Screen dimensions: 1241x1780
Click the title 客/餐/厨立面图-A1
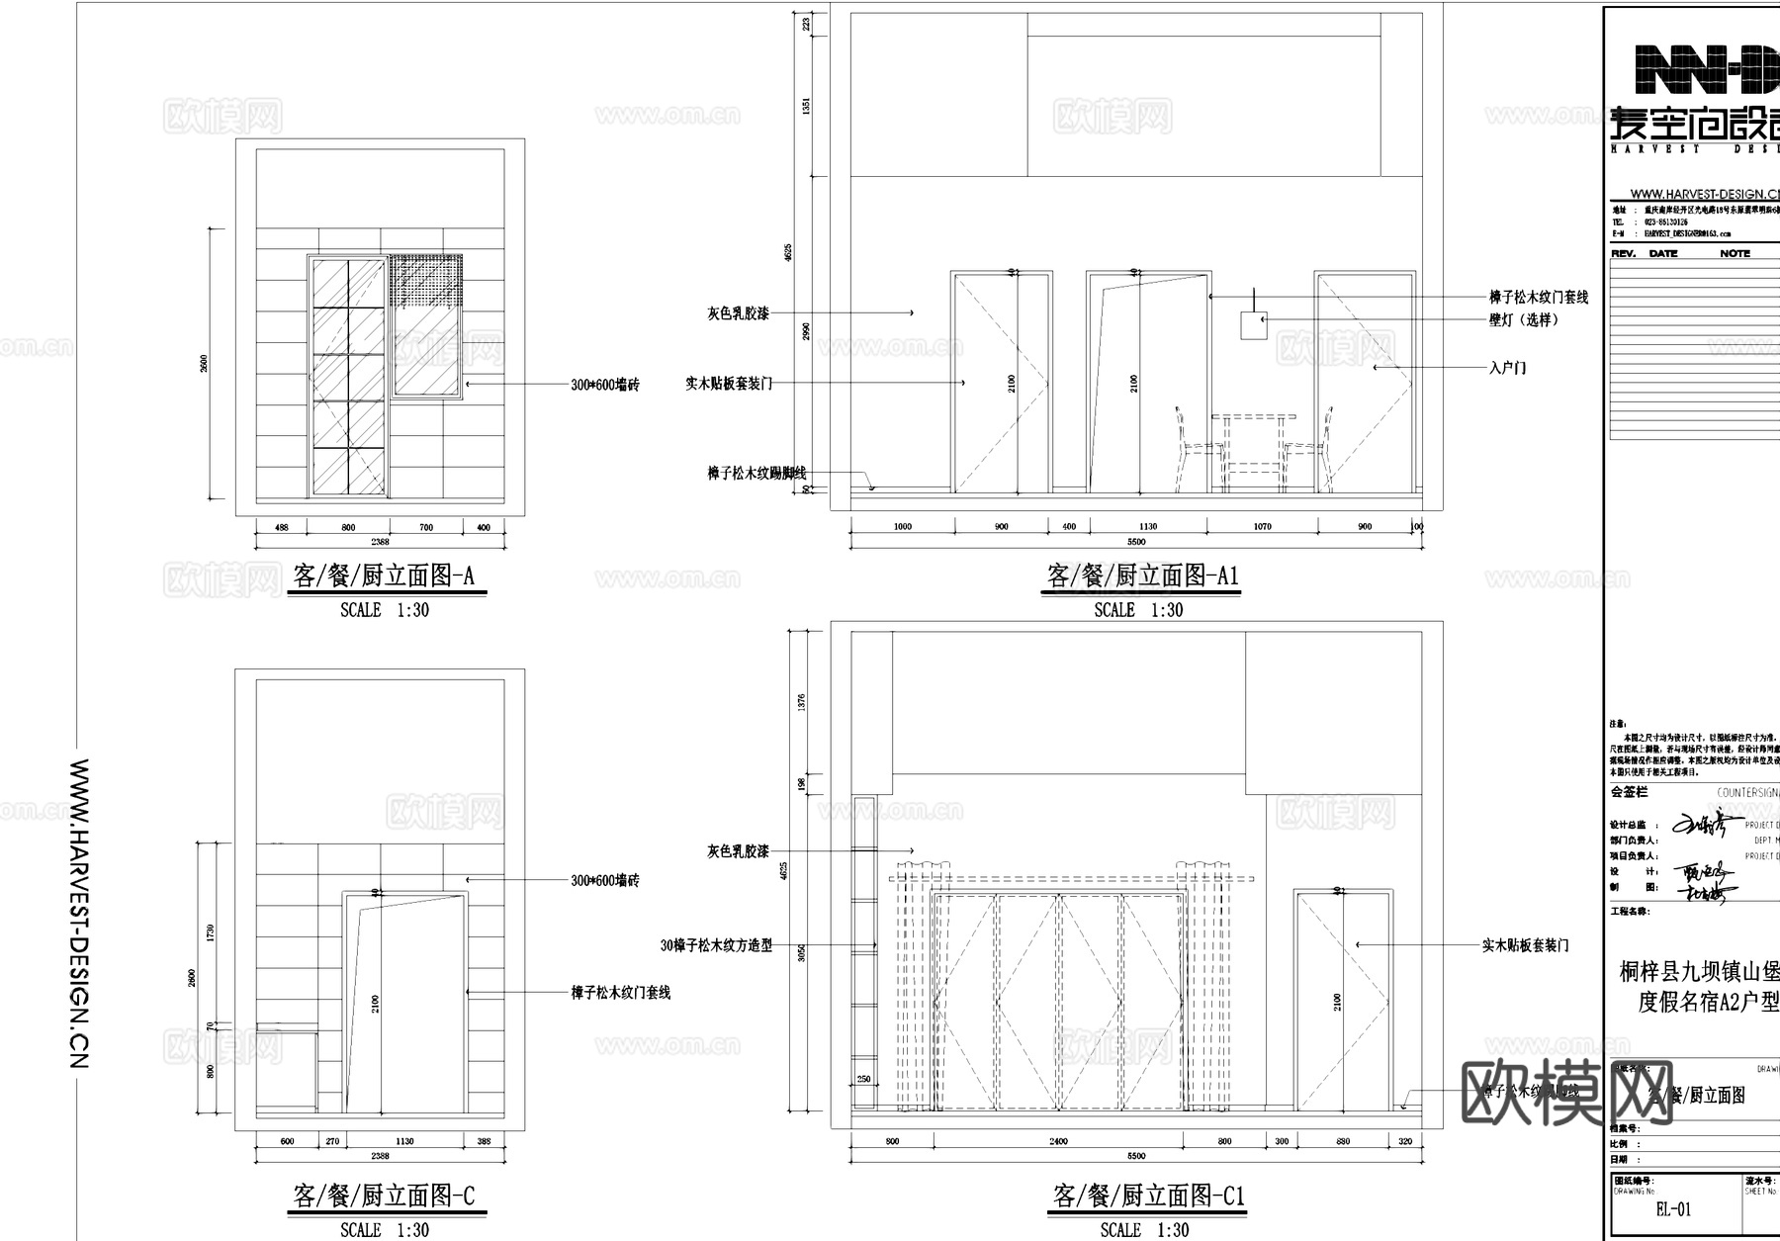tap(1142, 576)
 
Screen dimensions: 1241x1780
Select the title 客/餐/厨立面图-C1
tap(1147, 1197)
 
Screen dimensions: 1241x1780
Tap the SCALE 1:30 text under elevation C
tap(385, 1230)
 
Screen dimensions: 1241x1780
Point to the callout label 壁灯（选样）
tap(1524, 319)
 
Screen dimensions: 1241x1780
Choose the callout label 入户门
tap(1507, 368)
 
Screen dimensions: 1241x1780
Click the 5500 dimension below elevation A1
tap(1136, 542)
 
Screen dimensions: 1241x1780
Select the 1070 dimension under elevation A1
tap(1262, 527)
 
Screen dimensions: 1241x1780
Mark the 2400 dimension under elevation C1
tap(1058, 1141)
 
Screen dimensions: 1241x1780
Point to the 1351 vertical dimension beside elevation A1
tap(806, 106)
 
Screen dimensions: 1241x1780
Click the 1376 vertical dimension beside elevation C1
tap(801, 702)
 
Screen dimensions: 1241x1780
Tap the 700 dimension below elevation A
tap(426, 528)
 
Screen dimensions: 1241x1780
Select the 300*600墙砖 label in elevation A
tap(604, 385)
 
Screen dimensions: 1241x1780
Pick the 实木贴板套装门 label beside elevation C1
tap(1525, 945)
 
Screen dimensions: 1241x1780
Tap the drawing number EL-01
tap(1672, 1209)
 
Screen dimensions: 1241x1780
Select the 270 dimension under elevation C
tap(332, 1141)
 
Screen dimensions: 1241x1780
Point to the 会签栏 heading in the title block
tap(1629, 792)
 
